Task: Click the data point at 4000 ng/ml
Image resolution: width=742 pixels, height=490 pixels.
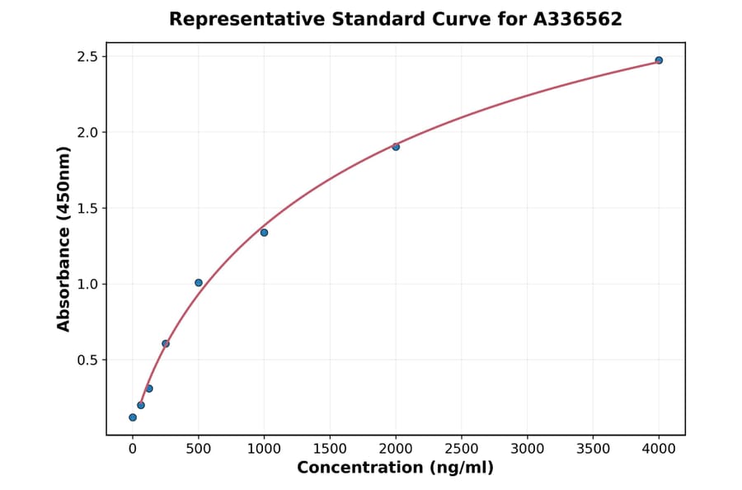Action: pos(659,60)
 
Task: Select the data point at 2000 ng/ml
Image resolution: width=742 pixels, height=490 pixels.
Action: pos(396,147)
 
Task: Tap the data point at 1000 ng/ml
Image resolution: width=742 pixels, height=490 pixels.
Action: pos(264,233)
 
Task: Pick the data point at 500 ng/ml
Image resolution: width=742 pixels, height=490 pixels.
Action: pos(199,283)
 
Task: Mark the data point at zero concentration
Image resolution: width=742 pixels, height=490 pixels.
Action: pos(133,417)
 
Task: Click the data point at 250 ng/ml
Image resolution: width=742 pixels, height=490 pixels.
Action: pos(166,343)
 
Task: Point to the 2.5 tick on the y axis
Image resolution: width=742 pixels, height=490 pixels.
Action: pos(87,57)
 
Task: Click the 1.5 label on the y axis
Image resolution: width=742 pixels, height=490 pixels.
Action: pos(87,209)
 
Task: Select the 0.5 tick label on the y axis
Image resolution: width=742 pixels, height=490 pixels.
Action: pos(87,360)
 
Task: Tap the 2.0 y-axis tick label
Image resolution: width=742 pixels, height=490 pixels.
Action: pos(87,133)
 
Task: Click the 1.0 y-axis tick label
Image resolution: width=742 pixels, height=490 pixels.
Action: pos(87,285)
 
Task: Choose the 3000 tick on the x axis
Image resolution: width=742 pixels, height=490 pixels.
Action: pos(528,449)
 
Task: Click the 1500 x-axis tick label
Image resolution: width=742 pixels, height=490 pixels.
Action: pos(330,449)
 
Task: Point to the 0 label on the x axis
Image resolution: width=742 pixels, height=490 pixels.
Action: pos(133,449)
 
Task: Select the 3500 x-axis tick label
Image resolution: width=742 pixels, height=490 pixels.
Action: pos(594,449)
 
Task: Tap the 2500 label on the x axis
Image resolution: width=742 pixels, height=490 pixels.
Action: pos(462,449)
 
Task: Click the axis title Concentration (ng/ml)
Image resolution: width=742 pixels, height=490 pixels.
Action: pos(395,469)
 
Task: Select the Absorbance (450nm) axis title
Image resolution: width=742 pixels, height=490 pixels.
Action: pos(64,239)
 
